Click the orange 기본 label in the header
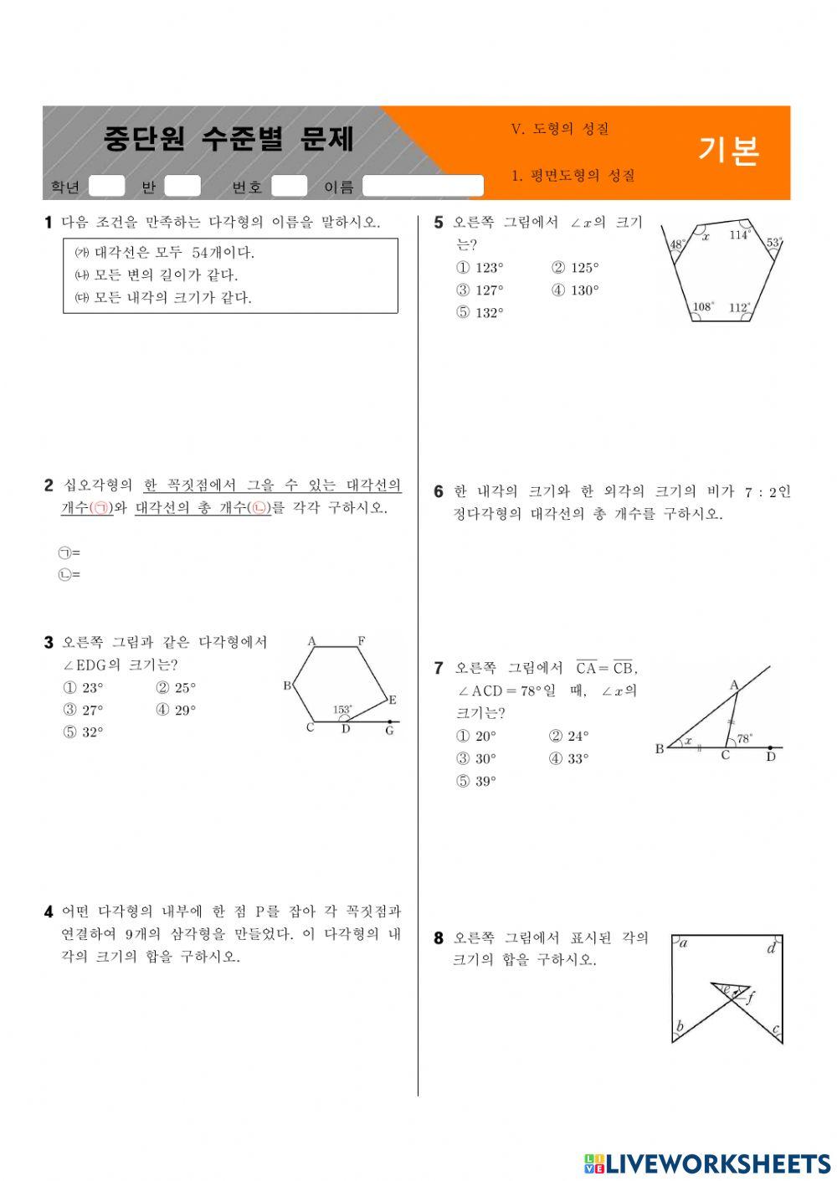click(728, 151)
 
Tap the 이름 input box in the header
click(423, 186)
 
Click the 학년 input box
click(106, 186)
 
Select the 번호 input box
click(289, 186)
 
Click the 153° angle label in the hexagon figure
click(342, 710)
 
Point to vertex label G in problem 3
click(389, 731)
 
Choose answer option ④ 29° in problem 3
click(175, 710)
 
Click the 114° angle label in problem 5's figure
click(739, 235)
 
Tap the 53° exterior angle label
click(774, 243)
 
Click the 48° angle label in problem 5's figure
click(677, 244)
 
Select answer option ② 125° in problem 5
click(575, 268)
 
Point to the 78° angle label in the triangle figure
click(744, 739)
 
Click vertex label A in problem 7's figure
click(734, 685)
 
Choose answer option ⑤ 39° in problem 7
click(475, 781)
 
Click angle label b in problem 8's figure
click(680, 1026)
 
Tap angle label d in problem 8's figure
click(771, 948)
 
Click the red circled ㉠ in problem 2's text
click(100, 508)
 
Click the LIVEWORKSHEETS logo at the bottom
click(707, 1163)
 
